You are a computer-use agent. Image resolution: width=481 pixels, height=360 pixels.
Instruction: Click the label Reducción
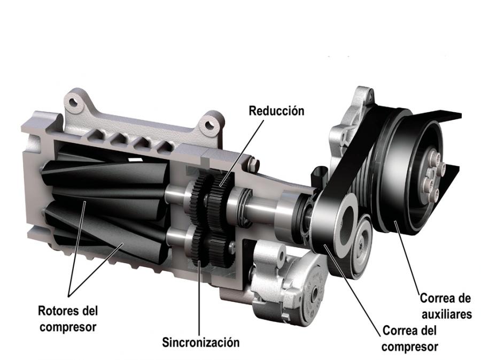[276, 111]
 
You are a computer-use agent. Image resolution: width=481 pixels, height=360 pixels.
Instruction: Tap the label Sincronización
[200, 342]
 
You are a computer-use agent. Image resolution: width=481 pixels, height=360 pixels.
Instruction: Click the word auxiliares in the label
[447, 314]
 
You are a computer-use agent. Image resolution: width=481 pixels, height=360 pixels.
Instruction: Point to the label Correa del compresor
[409, 339]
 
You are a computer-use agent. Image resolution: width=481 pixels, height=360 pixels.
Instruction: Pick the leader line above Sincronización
[199, 298]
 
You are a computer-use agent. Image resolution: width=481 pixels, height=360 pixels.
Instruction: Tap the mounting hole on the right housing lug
[210, 125]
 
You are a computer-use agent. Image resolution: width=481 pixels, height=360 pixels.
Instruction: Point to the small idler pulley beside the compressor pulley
[362, 246]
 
